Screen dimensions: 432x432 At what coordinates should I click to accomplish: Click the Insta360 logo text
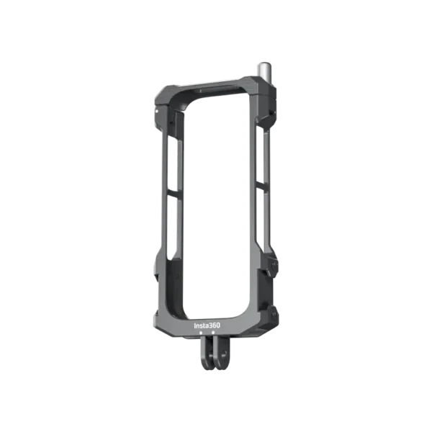click(207, 325)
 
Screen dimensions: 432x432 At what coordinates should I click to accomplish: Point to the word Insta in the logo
click(202, 325)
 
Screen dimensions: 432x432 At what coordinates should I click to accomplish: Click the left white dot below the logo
click(201, 333)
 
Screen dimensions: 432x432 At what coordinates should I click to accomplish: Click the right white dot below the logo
click(213, 333)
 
